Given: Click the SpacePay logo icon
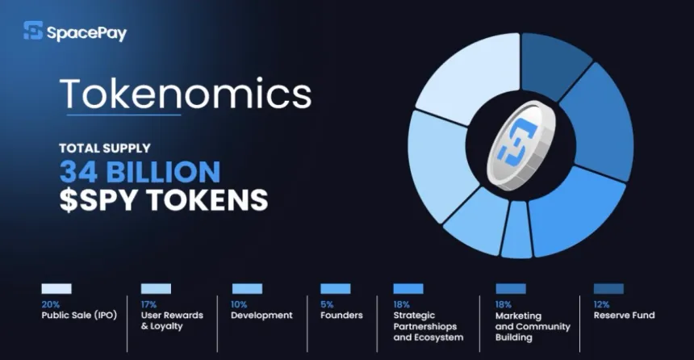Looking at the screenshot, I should tap(32, 31).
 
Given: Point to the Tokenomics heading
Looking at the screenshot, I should tap(185, 94).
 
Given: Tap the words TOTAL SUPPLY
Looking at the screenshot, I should tap(104, 149).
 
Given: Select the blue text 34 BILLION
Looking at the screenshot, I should tap(139, 171).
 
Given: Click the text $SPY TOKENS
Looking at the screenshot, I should tap(163, 200).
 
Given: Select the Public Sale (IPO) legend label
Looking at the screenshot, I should tap(79, 315).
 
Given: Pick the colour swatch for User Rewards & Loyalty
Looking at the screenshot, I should tap(155, 288).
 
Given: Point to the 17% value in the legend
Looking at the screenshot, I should tap(148, 303).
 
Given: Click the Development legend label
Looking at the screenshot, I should tap(261, 315).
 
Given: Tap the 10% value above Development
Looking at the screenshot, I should tap(240, 303).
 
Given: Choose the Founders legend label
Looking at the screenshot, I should tap(341, 315).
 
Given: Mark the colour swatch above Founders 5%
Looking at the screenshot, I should tap(335, 288).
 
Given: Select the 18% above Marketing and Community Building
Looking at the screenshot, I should tap(503, 303).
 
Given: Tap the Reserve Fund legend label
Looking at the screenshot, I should tap(624, 315).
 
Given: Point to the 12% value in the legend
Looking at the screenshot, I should tap(602, 303).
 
